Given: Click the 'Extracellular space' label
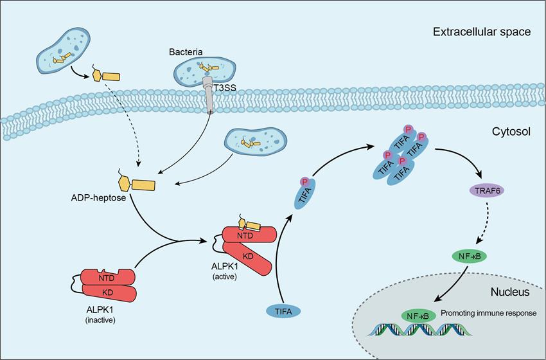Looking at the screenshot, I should [482, 31].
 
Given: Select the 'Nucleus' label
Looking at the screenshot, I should [509, 292].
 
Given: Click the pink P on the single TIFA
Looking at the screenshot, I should [304, 182].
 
